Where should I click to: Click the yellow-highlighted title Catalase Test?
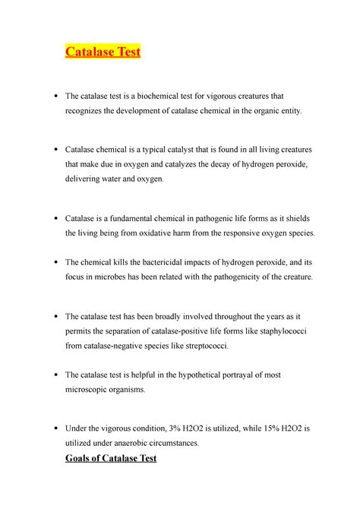(103, 52)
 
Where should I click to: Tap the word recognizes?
(88, 112)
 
